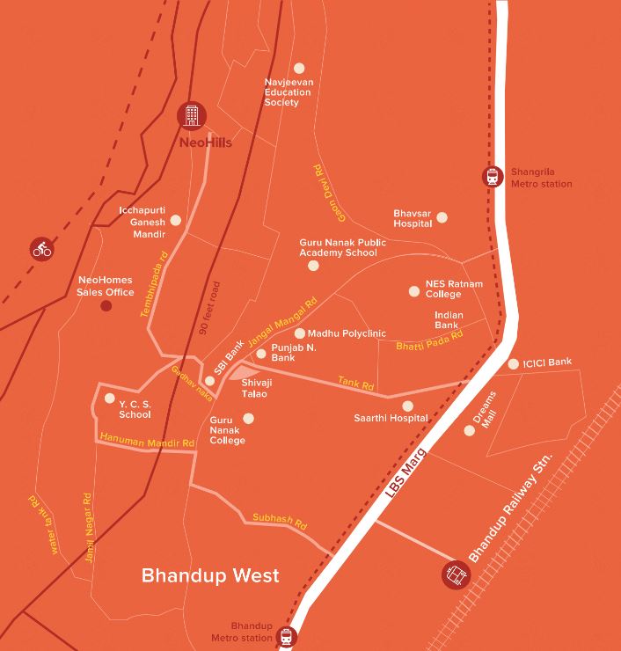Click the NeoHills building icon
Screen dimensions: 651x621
[x=191, y=115]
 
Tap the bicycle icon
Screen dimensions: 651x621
[x=41, y=249]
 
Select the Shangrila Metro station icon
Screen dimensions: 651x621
[x=493, y=177]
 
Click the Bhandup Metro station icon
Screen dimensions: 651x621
[x=286, y=636]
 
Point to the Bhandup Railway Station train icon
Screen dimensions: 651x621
[x=456, y=575]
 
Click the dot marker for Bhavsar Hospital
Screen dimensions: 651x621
[x=442, y=217]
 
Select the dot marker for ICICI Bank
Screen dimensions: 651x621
[x=514, y=363]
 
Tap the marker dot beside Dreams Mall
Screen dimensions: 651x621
[x=470, y=430]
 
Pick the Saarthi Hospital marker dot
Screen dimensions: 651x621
[x=407, y=406]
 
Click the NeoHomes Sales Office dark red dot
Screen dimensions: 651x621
[x=106, y=306]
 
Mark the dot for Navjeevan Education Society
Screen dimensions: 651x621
[x=299, y=68]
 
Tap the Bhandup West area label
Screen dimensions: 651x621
[x=210, y=575]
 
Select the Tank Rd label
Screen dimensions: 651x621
[x=356, y=384]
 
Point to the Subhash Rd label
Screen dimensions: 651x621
[x=279, y=520]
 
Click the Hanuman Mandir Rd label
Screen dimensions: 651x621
[x=147, y=440]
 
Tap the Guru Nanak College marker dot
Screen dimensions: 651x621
[x=248, y=418]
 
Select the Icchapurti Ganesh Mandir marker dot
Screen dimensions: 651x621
[x=176, y=220]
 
